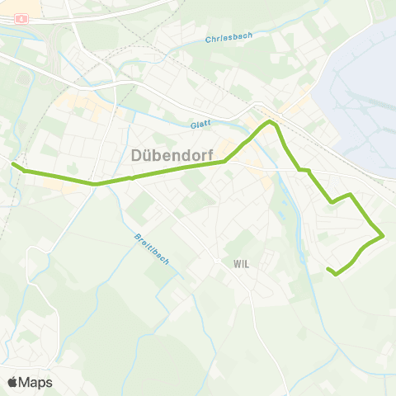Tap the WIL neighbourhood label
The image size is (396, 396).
(x=242, y=264)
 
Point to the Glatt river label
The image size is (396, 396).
(x=200, y=125)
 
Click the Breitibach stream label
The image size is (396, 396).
(x=151, y=249)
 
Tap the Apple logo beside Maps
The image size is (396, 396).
(x=12, y=382)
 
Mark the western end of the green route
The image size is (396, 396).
(x=12, y=163)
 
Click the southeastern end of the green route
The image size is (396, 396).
(x=328, y=270)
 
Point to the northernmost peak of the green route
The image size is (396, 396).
(x=268, y=122)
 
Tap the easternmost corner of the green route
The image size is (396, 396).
(x=384, y=237)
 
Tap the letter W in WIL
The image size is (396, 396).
(x=236, y=264)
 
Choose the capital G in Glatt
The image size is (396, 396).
(x=192, y=124)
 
